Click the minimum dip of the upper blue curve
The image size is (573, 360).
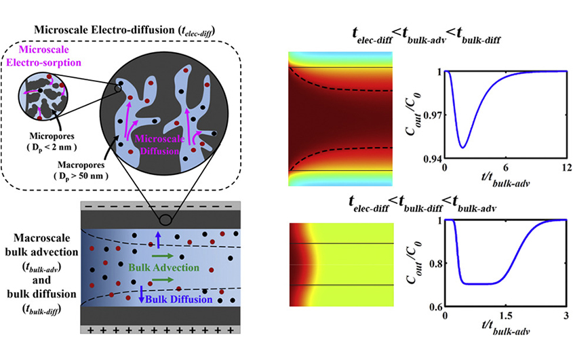[462, 147]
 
